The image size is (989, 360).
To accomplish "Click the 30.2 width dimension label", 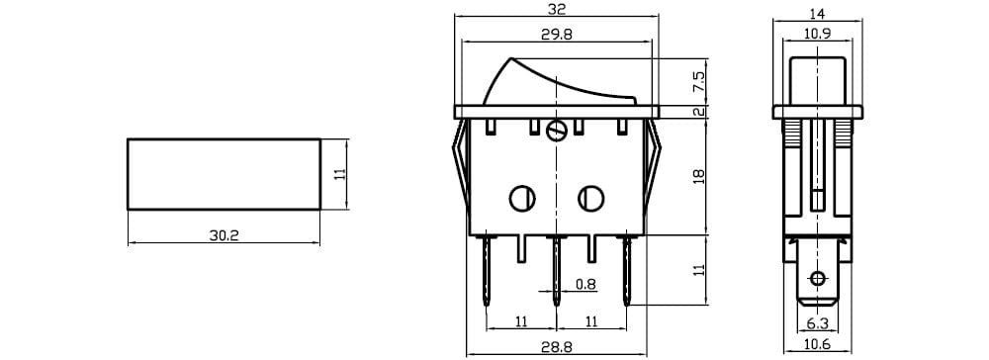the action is [224, 235].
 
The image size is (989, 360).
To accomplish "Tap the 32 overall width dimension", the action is [556, 9].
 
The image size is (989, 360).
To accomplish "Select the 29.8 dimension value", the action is [556, 36].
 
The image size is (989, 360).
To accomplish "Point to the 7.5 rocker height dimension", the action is [699, 82].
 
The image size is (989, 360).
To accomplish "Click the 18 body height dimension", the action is [699, 176].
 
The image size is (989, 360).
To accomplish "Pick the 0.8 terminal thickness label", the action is [585, 285].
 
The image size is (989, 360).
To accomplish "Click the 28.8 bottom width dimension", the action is [556, 347].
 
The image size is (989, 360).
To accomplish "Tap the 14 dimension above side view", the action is [818, 13].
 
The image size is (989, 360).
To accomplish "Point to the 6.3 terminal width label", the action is [818, 324].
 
